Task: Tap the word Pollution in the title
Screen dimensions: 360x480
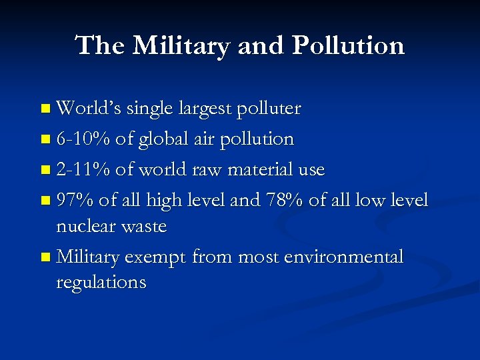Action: click(347, 45)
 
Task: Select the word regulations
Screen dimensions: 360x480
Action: click(101, 283)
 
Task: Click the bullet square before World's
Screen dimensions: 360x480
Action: click(45, 109)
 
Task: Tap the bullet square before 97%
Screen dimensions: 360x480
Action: click(45, 201)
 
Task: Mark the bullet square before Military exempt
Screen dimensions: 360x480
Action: click(45, 257)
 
